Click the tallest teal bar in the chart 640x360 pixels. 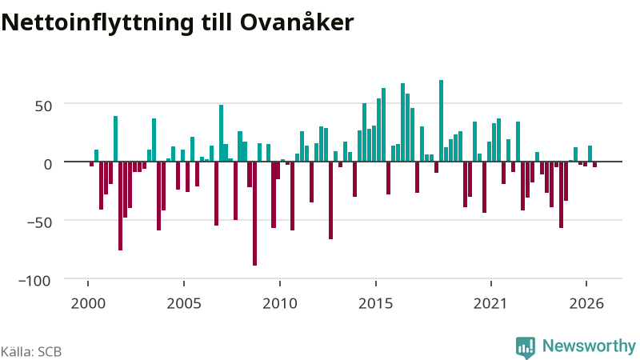click(442, 121)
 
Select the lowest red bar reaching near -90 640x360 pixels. click(254, 214)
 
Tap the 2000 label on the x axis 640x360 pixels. click(88, 304)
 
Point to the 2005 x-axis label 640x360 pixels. click(184, 304)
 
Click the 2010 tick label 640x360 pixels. click(280, 304)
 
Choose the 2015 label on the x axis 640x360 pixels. click(376, 304)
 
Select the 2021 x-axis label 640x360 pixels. click(490, 304)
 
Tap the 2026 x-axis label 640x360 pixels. click(586, 304)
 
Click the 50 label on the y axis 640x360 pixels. click(44, 106)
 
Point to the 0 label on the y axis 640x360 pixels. click(48, 165)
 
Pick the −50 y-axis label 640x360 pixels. click(39, 223)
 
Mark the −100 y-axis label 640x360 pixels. click(34, 282)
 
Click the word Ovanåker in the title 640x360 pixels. click(297, 22)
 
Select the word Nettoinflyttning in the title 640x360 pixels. click(98, 23)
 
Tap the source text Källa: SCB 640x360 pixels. click(31, 351)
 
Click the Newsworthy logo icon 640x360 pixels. click(526, 348)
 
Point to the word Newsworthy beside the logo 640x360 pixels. click(589, 346)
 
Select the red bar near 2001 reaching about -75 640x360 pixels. click(121, 206)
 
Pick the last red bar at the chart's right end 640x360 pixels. click(594, 165)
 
